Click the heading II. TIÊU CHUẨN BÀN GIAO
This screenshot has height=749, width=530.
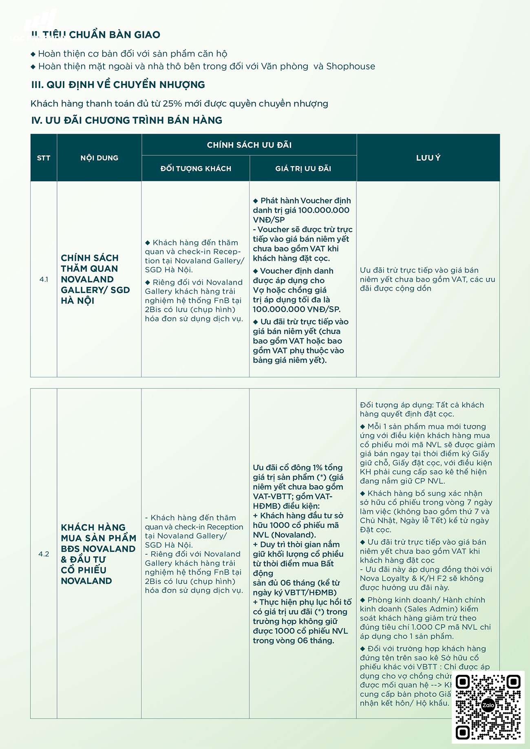96,35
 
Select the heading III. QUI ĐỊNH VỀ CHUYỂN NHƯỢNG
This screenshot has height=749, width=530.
118,85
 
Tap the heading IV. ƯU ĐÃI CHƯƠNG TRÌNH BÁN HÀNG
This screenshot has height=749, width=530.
127,120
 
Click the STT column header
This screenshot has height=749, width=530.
44,158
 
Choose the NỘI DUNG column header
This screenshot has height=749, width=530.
99,158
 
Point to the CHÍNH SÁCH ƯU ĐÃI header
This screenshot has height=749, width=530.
249,145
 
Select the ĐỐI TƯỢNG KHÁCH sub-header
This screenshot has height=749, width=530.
196,169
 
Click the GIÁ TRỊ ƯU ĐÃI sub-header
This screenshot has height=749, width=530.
303,169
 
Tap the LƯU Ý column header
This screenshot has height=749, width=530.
428,158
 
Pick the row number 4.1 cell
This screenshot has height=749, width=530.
44,280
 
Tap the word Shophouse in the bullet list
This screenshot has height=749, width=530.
351,66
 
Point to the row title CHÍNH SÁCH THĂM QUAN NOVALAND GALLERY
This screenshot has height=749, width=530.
95,280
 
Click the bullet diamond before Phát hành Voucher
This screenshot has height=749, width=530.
256,201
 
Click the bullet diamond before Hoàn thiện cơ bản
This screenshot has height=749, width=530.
33,54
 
